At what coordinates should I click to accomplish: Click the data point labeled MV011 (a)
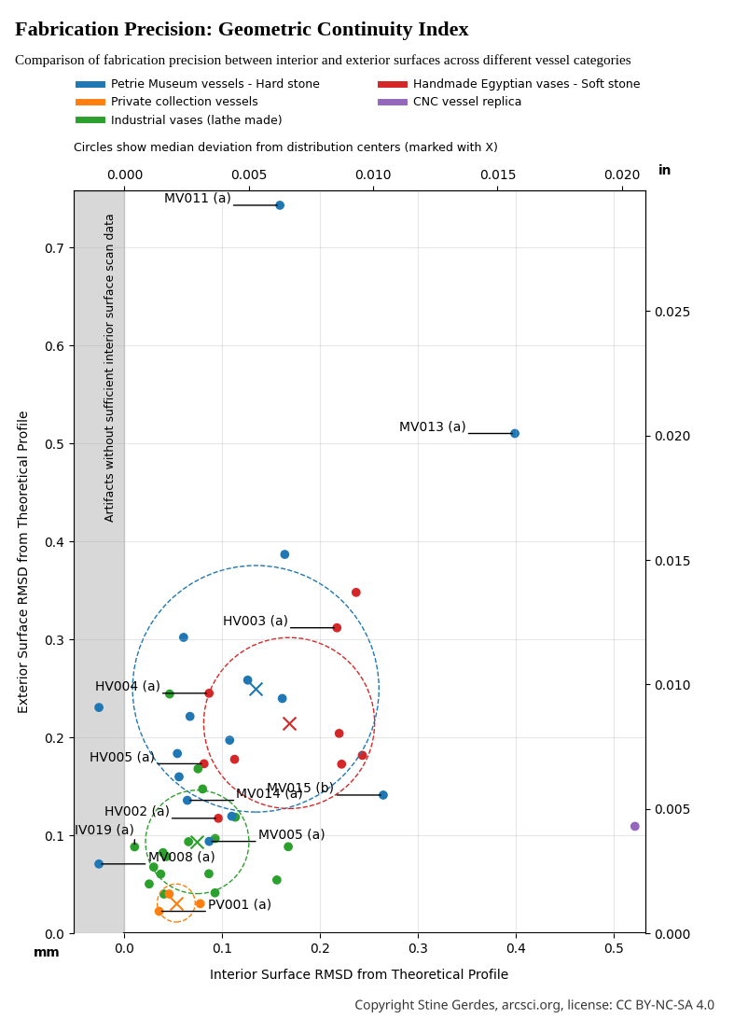[280, 205]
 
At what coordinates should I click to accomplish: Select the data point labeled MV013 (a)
[515, 433]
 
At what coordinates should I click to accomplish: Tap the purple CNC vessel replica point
[635, 826]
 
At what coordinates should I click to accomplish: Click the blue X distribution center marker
[256, 689]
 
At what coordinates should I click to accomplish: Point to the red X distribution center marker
[290, 723]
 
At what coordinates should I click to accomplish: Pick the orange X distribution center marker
[177, 903]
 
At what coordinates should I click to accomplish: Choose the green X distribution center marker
[197, 842]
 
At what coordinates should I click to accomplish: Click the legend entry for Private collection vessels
[184, 102]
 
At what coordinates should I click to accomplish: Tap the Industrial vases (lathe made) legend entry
[196, 120]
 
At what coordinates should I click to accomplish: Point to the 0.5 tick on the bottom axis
[614, 949]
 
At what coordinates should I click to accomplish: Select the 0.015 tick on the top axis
[498, 175]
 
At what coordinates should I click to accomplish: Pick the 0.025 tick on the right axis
[672, 311]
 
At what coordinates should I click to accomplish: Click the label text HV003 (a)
[256, 621]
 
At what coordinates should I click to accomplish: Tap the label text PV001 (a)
[240, 904]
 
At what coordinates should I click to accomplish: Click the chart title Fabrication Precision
[242, 30]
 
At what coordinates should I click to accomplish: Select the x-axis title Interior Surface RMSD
[359, 974]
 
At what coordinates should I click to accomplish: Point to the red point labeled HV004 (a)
[209, 692]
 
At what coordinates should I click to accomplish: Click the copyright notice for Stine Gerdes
[534, 1005]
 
